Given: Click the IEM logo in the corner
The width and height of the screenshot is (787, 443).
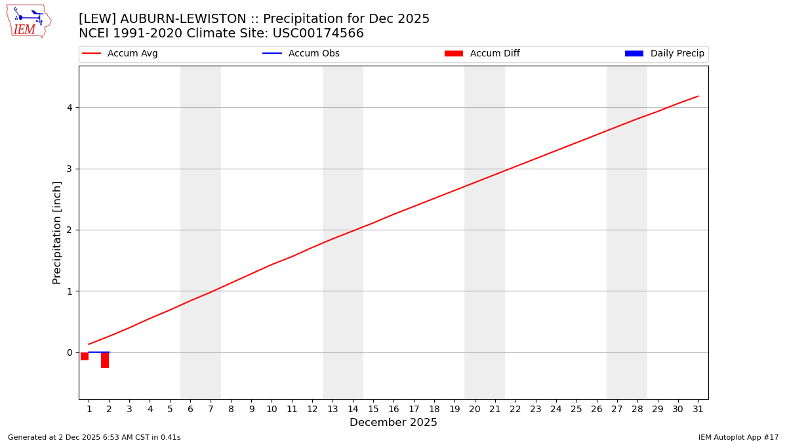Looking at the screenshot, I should coord(28,21).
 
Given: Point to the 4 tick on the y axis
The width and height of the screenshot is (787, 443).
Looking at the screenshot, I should coord(68,108).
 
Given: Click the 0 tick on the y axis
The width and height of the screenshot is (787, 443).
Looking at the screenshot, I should coord(68,352).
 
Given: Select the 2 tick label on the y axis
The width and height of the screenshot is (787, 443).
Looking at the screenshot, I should coord(68,230).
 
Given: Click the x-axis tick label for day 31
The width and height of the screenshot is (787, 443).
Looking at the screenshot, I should coord(698,409).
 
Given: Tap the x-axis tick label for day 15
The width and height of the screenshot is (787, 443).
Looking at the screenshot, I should coord(373,409).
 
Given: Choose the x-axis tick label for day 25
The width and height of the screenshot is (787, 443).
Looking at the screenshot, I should coord(576,409).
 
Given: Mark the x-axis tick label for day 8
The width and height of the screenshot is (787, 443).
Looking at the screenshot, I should coord(231,409).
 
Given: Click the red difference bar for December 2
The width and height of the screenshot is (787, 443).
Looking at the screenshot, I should coord(105,360).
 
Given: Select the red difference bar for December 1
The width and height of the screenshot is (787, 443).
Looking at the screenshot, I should coord(85,356).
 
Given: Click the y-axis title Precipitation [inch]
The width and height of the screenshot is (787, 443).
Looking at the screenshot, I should coord(57,232).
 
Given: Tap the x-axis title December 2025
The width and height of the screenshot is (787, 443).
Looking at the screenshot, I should coord(393,423).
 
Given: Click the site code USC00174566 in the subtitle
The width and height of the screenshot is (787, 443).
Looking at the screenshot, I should coord(318,33).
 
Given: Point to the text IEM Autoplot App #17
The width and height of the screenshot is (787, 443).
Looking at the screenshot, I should coord(738,437).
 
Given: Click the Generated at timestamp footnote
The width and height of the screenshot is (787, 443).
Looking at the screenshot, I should coord(94,437).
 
